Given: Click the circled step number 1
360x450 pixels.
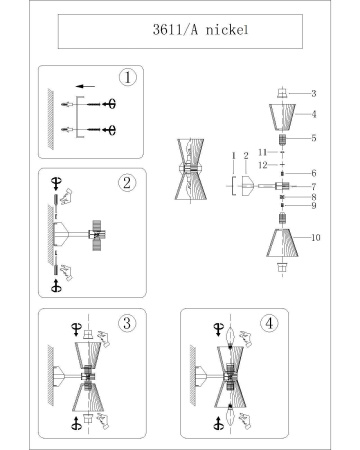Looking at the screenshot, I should point(126,77).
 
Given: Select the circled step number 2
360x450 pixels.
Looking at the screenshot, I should point(126,182).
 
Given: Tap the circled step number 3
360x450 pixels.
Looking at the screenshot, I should point(126,323).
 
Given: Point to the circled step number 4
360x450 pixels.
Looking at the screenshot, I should point(269,323).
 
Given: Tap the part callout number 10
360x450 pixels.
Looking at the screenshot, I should point(314,237).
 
